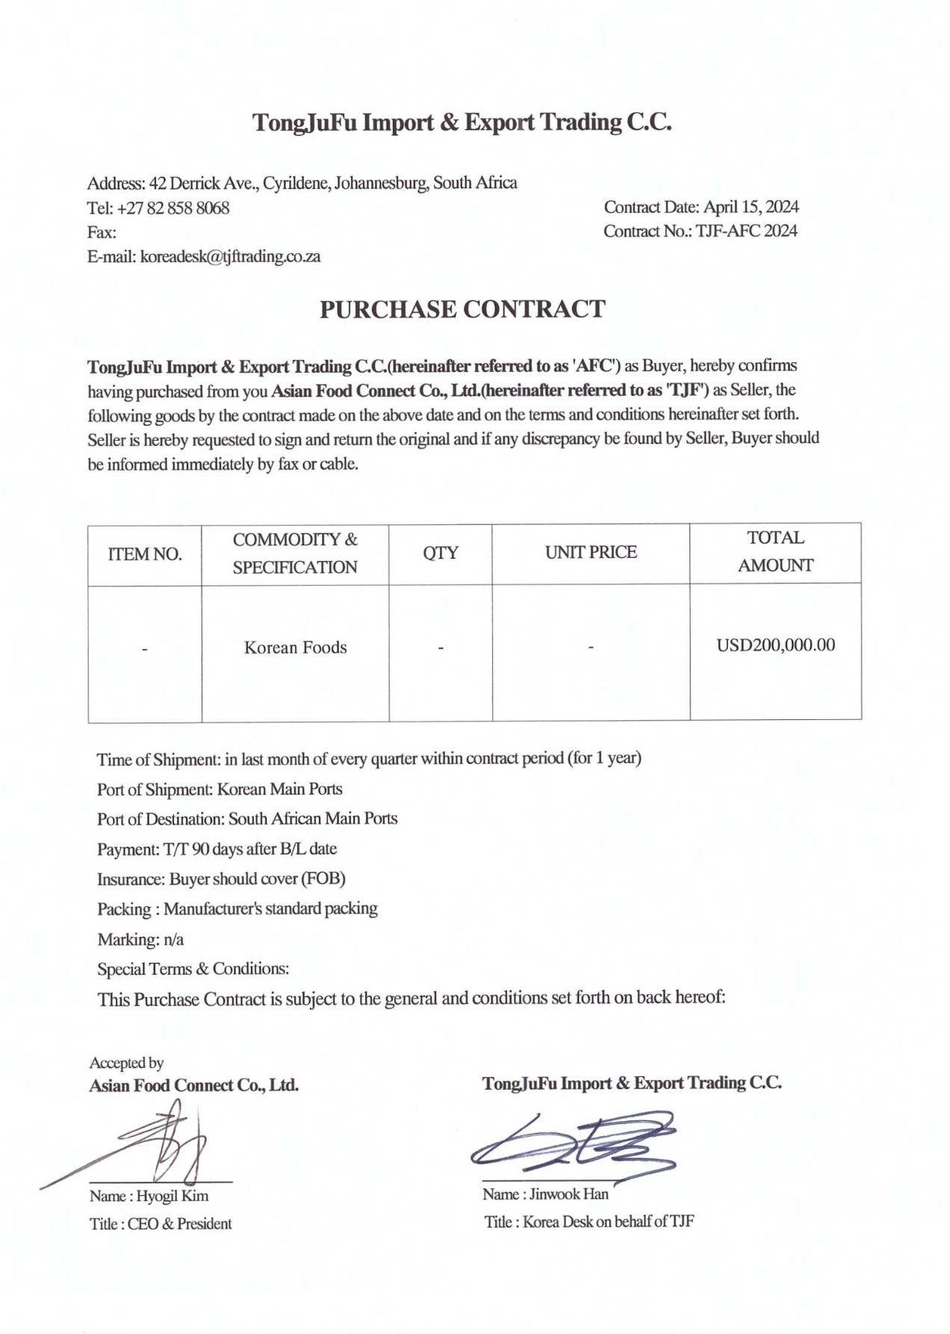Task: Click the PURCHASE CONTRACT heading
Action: click(462, 309)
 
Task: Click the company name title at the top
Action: click(462, 122)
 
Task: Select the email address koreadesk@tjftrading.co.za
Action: click(230, 256)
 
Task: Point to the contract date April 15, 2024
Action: click(751, 207)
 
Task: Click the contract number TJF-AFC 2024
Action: click(746, 231)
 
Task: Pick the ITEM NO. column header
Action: click(145, 553)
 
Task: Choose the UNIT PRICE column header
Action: click(591, 552)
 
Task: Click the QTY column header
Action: click(441, 552)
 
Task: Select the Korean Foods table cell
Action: click(296, 648)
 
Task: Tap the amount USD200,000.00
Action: click(775, 645)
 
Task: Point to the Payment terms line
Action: click(217, 849)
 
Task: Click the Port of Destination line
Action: click(247, 819)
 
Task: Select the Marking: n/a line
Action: click(140, 939)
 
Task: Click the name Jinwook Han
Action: click(568, 1194)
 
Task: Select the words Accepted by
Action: click(126, 1063)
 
